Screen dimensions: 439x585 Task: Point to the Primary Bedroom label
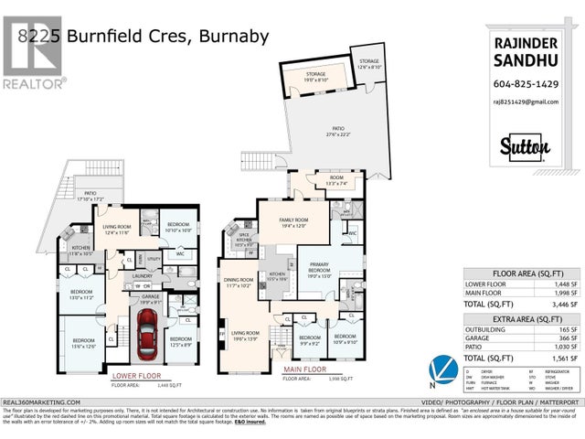click(x=319, y=268)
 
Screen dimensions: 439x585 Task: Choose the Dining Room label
click(x=239, y=283)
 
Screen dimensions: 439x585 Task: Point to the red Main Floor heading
click(x=305, y=369)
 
